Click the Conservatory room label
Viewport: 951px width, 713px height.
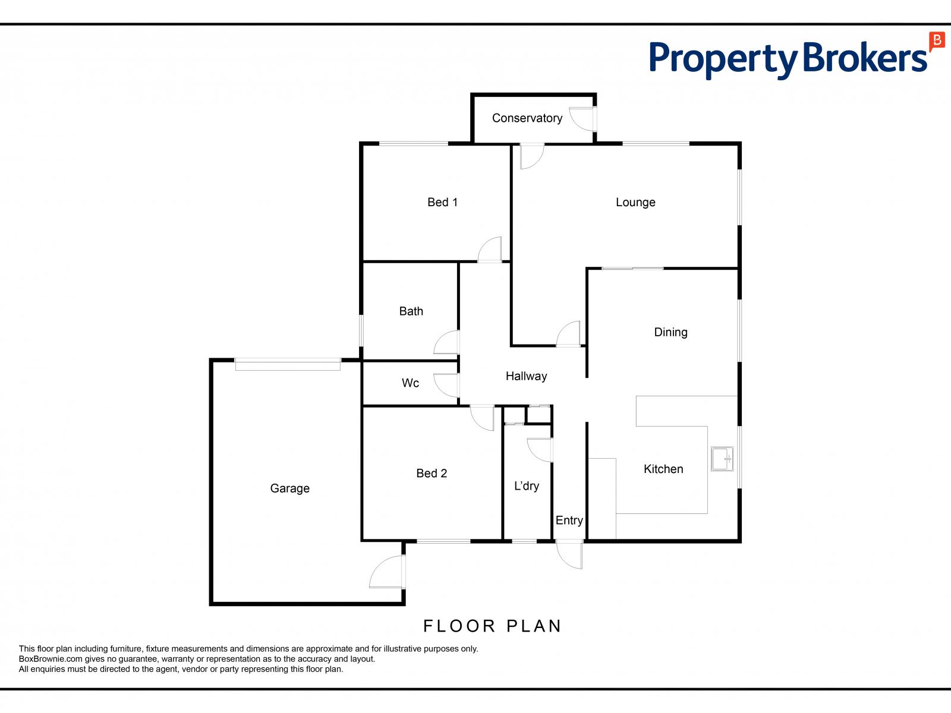tap(527, 118)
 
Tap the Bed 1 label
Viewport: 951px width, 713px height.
tap(442, 202)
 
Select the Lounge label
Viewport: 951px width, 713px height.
tap(635, 203)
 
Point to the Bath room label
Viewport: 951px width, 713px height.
tap(411, 311)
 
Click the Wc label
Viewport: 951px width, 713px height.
tap(410, 383)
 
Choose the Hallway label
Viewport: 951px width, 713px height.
tap(526, 377)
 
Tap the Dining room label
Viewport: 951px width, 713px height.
tap(670, 333)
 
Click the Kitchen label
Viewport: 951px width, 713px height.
tap(663, 469)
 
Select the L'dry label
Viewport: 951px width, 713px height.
tap(527, 486)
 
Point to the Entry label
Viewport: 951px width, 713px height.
tap(569, 520)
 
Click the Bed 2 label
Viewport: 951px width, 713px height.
tap(432, 474)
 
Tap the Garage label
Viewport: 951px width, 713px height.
tap(290, 489)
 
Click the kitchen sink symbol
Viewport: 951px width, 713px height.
tap(722, 459)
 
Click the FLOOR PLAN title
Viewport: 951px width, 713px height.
tap(492, 626)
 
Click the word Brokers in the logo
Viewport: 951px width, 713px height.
tap(865, 58)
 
